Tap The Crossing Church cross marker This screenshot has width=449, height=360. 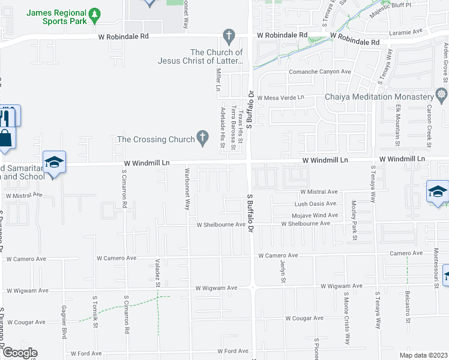(x=203, y=139)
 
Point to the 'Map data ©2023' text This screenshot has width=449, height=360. (x=423, y=355)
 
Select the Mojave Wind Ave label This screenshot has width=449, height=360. (x=315, y=215)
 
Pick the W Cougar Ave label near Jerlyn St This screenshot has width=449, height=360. (x=304, y=318)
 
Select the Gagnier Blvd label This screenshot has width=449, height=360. (x=64, y=322)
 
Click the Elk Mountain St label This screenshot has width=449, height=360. (x=398, y=125)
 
